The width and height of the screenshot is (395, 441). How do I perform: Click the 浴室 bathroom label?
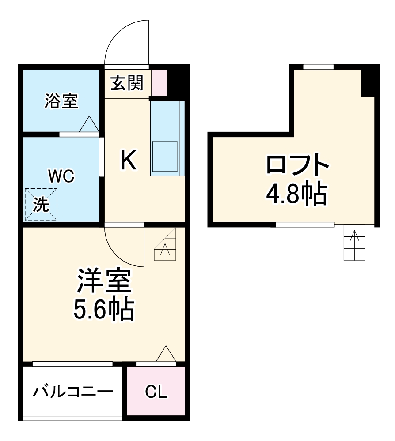click(61, 101)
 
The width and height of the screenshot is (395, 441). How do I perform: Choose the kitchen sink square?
click(164, 156)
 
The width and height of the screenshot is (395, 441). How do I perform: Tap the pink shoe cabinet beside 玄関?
click(160, 82)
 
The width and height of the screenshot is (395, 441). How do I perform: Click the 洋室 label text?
click(104, 283)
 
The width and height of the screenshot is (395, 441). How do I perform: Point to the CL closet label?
click(156, 392)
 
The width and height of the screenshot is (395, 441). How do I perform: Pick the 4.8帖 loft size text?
click(297, 194)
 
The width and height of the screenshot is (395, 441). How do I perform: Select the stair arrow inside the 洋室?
click(165, 250)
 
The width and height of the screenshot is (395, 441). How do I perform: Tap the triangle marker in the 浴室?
click(89, 124)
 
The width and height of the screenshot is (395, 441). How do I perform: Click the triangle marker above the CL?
click(166, 354)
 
